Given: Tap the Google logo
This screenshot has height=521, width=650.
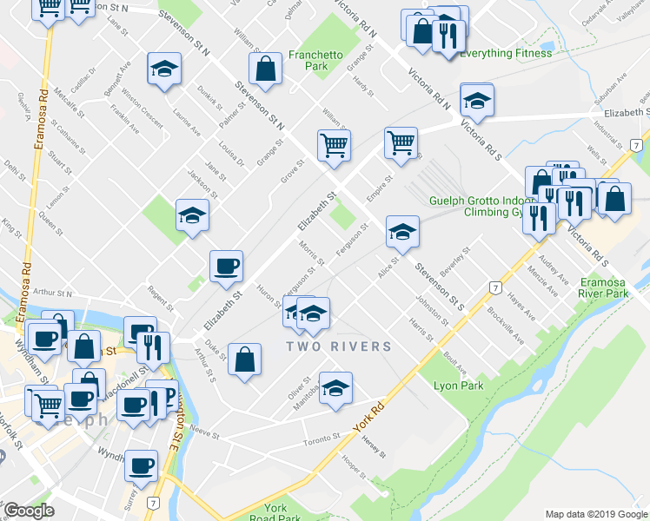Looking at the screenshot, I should click(29, 511).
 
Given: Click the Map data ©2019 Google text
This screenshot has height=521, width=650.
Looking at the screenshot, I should click(595, 514).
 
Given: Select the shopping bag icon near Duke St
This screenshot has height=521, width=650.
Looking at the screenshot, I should click(246, 359).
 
